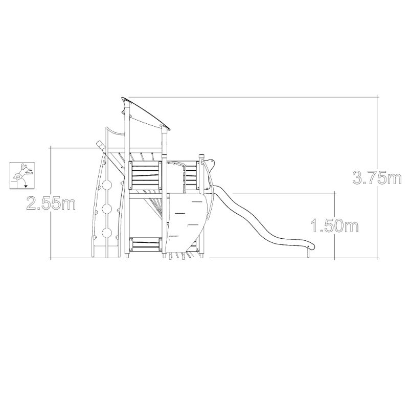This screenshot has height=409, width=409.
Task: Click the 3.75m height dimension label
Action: (377, 177)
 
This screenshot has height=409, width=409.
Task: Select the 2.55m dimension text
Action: (51, 203)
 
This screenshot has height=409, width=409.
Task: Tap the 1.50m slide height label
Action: (334, 225)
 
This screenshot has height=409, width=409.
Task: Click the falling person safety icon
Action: (22, 175)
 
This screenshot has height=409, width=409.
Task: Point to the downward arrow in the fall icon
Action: (25, 184)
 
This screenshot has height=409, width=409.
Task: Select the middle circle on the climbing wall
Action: (107, 209)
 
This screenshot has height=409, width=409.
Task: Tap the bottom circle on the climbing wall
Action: (107, 233)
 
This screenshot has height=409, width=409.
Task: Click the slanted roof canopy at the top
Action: (146, 113)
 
